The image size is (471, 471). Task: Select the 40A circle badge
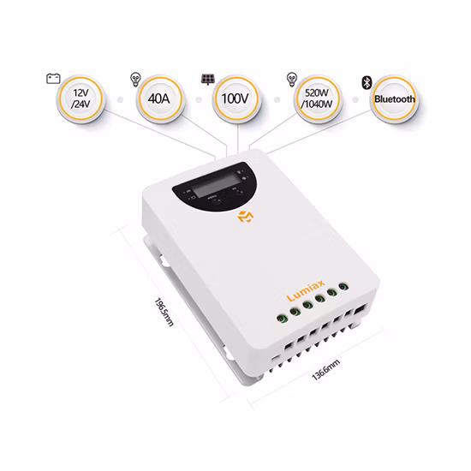(159, 99)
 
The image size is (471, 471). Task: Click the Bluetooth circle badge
(395, 99)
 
